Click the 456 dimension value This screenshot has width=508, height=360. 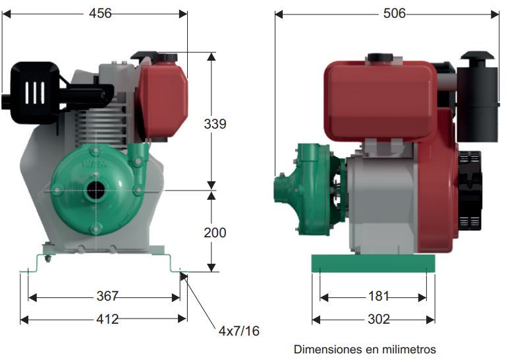click(100, 14)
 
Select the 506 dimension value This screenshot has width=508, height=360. click(394, 14)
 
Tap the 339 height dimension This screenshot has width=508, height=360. click(215, 124)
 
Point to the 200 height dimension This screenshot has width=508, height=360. click(215, 233)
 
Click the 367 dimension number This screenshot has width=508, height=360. click(107, 296)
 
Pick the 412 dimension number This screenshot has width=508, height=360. click(107, 319)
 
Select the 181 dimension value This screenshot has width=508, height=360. click(378, 296)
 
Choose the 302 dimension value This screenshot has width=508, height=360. click(379, 319)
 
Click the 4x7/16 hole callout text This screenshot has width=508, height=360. click(239, 331)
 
